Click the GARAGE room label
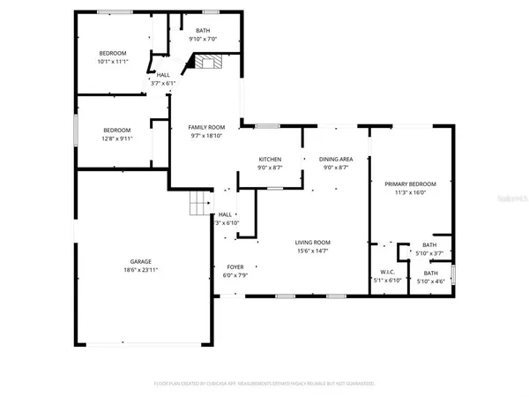pos(141,261)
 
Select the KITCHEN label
pos(269,159)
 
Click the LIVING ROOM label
pos(312,242)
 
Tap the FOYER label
pos(235,266)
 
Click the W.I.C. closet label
pos(387,272)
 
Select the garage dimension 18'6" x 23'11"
pos(141,269)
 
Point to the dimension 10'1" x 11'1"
pos(114,61)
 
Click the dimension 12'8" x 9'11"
pos(116,138)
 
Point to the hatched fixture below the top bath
pos(206,62)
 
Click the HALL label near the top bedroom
pos(163,75)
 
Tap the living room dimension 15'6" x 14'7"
pos(312,250)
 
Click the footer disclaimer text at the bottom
pos(264,384)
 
